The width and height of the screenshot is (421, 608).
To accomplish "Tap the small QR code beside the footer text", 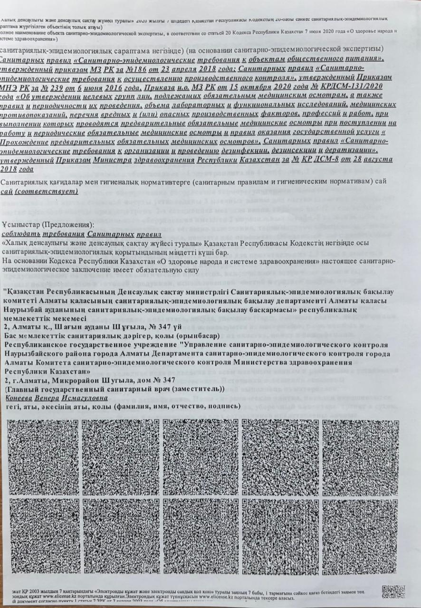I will [394, 591].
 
